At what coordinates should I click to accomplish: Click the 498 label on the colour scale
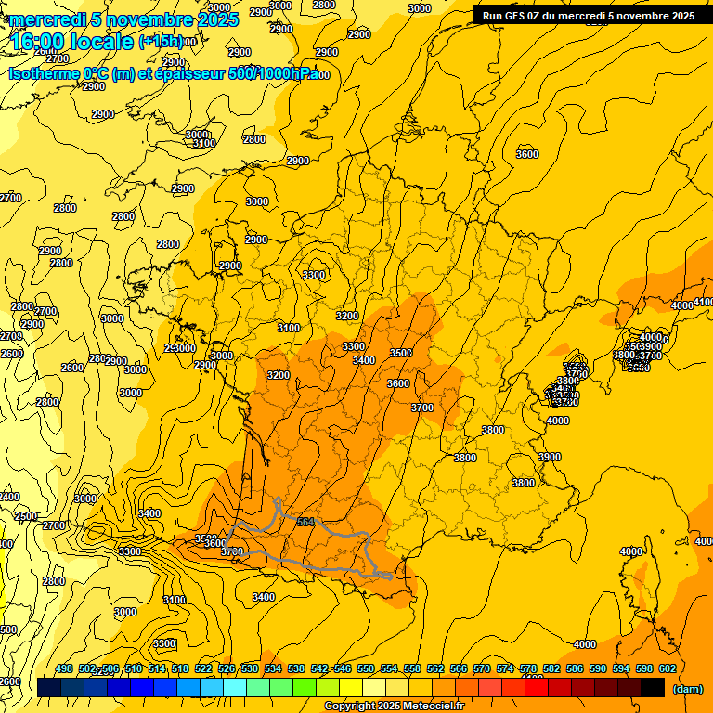[x=64, y=668]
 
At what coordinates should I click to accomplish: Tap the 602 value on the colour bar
[x=667, y=668]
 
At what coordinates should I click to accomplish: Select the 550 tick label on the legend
[x=366, y=668]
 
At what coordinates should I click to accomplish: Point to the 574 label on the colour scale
[x=505, y=668]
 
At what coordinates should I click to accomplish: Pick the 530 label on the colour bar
[x=250, y=668]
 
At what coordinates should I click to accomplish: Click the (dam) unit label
[x=687, y=689]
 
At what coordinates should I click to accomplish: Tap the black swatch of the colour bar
[x=653, y=687]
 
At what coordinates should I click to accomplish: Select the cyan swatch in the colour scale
[x=235, y=687]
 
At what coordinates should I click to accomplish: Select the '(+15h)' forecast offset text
[x=161, y=42]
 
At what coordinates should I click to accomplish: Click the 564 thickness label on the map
[x=305, y=522]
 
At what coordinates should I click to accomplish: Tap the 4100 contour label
[x=704, y=303]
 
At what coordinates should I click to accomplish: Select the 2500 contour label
[x=26, y=516]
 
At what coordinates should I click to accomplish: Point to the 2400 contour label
[x=8, y=498]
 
